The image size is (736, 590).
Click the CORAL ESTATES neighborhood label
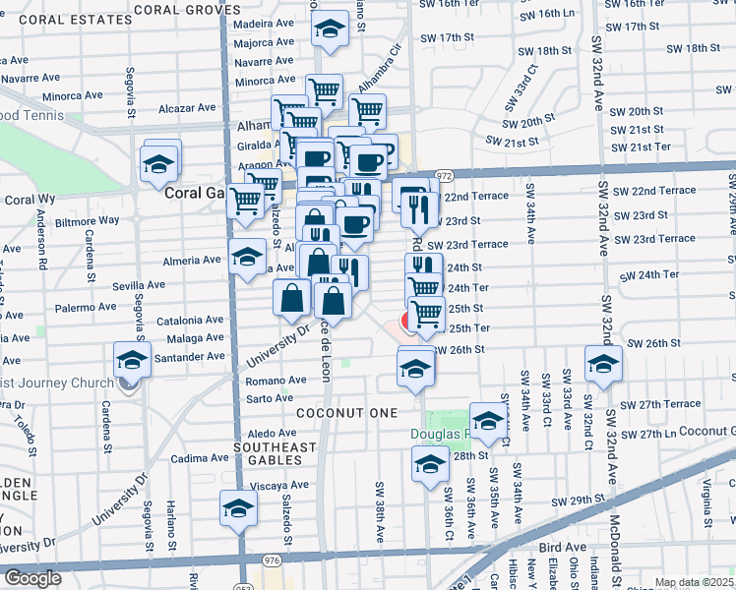coord(60,19)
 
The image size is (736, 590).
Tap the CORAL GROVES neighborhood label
coord(187,9)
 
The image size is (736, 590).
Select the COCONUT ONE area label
coord(338,414)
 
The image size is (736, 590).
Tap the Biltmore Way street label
coord(88,220)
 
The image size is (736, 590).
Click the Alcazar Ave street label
coord(187,107)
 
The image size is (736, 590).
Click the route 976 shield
coord(273,560)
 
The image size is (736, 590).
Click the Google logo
coord(31,578)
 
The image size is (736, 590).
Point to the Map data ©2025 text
coord(693,582)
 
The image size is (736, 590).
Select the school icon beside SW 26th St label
coord(602,363)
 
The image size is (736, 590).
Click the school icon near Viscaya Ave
coord(237,507)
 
